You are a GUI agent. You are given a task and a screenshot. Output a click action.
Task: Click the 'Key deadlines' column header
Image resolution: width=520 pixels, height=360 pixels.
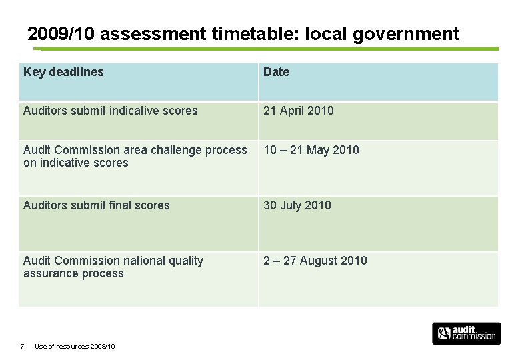(x=63, y=72)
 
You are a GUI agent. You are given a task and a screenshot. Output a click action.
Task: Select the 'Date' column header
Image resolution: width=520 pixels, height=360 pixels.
(x=276, y=72)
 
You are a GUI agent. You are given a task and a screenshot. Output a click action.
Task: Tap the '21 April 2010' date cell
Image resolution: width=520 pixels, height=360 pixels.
(x=298, y=111)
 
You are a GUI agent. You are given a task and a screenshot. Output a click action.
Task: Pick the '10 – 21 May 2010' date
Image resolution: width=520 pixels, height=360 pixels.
(x=311, y=150)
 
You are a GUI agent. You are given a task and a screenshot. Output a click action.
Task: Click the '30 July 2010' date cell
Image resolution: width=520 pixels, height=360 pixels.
(x=297, y=205)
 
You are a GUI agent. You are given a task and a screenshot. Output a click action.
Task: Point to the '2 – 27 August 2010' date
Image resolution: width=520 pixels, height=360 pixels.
(x=315, y=261)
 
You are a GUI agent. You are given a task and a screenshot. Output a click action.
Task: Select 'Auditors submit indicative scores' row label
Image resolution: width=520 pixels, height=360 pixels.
(x=110, y=111)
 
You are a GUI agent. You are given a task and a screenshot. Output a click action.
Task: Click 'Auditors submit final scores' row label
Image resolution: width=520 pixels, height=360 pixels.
(x=96, y=205)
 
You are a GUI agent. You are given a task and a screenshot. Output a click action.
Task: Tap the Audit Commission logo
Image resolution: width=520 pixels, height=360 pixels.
(x=466, y=333)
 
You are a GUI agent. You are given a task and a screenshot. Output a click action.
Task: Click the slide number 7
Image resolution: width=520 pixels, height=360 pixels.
(x=22, y=346)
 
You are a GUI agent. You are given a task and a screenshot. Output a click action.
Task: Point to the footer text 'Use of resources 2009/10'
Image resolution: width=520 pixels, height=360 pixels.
(x=75, y=346)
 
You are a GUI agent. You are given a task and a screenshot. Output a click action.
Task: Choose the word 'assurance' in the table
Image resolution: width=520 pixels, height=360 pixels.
(x=47, y=273)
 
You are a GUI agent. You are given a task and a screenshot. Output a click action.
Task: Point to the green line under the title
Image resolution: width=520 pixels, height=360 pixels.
(x=267, y=49)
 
